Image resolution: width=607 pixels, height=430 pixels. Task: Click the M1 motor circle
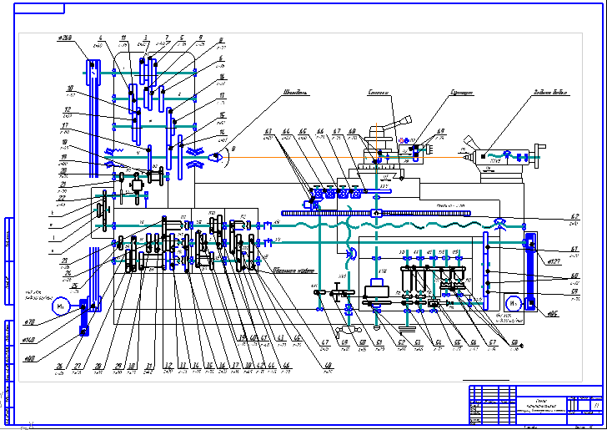click(59, 306)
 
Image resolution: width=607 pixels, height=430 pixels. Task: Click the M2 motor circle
click(514, 302)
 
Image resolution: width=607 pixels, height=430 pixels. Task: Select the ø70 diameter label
click(29, 321)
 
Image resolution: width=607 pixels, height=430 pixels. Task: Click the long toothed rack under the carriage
click(375, 214)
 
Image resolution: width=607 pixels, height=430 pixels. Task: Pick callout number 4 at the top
click(100, 38)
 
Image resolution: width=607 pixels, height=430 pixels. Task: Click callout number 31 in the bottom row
click(148, 365)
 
